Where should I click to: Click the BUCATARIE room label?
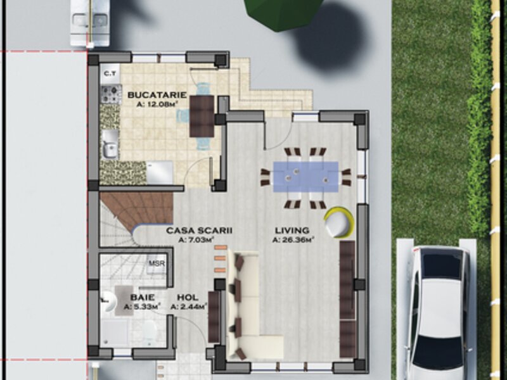(157, 95)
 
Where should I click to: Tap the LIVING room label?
(292, 231)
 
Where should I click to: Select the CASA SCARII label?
(199, 231)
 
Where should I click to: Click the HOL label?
(188, 297)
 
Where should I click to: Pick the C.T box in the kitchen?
(110, 74)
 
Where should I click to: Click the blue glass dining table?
(305, 177)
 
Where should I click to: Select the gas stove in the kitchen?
(110, 94)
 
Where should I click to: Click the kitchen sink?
(110, 144)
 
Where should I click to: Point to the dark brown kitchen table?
(202, 116)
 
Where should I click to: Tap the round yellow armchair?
(339, 223)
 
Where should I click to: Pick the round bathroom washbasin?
(108, 303)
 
